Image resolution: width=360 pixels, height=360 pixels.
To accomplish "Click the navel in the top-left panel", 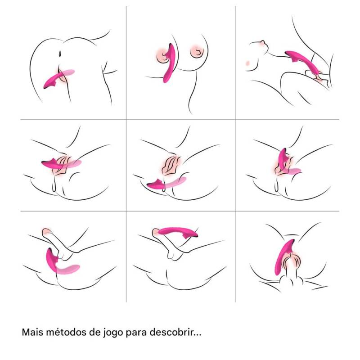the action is (x=60, y=54).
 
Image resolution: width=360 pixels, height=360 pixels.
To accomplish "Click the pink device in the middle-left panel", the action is (x=60, y=164).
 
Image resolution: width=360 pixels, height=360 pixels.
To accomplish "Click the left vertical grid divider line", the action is (x=126, y=154).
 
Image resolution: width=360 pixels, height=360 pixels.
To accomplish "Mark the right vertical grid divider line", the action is (x=235, y=154).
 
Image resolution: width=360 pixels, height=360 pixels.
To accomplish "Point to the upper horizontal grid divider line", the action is (x=180, y=120).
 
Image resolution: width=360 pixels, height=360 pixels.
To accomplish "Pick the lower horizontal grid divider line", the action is (x=180, y=211).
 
